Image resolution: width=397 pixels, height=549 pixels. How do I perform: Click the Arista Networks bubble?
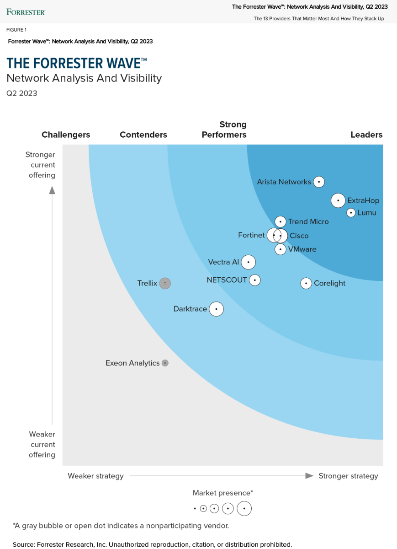click(319, 182)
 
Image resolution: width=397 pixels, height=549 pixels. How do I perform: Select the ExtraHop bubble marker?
click(338, 200)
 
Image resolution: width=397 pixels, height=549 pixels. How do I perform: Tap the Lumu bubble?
click(351, 212)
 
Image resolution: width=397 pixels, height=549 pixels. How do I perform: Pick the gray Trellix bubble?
click(165, 283)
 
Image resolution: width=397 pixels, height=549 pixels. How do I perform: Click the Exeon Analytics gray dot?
click(165, 363)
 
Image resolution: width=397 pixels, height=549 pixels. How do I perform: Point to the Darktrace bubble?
click(216, 309)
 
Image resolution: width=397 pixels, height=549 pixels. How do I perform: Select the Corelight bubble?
click(306, 283)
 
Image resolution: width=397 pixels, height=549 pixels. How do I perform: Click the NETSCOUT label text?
click(227, 280)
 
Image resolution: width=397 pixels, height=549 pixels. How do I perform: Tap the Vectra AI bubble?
click(248, 262)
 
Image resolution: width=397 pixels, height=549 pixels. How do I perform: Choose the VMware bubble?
click(281, 249)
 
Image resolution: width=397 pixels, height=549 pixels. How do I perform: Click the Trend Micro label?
click(308, 221)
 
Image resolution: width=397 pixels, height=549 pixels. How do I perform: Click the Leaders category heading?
click(366, 135)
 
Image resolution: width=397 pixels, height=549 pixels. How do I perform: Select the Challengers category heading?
click(66, 135)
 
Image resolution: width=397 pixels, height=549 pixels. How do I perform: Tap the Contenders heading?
click(143, 135)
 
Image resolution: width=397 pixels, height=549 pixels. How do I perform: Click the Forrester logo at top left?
click(26, 11)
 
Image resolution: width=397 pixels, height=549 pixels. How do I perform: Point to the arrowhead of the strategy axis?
click(309, 476)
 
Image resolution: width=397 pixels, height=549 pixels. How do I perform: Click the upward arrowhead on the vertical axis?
click(52, 190)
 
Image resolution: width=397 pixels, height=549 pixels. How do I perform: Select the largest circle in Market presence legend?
click(244, 508)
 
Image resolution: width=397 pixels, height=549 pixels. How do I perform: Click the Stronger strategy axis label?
click(348, 476)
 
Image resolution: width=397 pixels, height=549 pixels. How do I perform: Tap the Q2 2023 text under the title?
click(21, 93)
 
